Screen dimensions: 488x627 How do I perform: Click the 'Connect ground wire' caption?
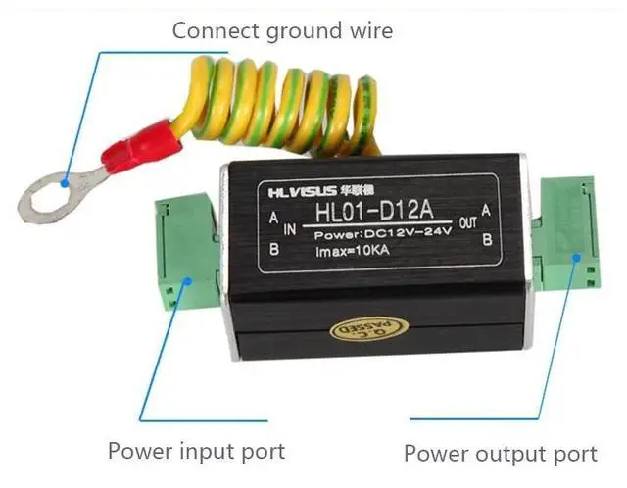pos(282,30)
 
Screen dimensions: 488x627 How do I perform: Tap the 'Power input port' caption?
pos(196,451)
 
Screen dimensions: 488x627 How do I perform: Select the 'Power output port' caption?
pos(501,454)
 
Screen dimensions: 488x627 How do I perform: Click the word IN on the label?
pos(290,229)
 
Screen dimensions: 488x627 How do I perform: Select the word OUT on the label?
pos(467,222)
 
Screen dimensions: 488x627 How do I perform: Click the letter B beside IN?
pos(275,249)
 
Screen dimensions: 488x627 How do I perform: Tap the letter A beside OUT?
pos(487,210)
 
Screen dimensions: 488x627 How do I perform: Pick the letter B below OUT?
pos(487,237)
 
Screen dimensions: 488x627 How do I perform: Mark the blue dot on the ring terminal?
pos(66,181)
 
